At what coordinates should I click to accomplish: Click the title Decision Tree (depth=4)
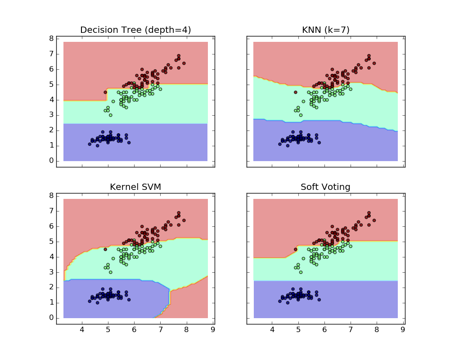coord(135,30)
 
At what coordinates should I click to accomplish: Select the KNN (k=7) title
coord(325,30)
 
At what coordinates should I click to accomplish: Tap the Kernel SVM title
coord(135,187)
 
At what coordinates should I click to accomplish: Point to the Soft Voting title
coord(325,187)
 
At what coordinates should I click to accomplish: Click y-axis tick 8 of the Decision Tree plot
coord(52,39)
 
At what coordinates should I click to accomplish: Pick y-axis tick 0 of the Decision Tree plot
coord(52,161)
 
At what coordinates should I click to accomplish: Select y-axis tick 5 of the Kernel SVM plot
coord(52,242)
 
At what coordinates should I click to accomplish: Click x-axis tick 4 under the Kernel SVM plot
coord(82,330)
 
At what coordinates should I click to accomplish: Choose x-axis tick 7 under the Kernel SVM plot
coord(160,330)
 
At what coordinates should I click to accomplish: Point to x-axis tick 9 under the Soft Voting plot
coord(403,330)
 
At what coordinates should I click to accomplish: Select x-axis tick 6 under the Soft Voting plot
coord(324,330)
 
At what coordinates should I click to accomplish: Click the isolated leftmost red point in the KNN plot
coord(296,92)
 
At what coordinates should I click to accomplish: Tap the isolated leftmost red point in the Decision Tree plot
coord(105,92)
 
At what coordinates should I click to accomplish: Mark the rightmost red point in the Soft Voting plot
coord(374,220)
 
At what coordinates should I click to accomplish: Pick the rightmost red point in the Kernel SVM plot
coord(184,220)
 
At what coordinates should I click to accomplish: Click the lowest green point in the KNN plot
coord(301,115)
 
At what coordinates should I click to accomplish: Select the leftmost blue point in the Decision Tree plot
coord(90,144)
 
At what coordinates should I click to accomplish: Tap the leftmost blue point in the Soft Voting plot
coord(280,301)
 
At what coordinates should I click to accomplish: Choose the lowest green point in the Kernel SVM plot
coord(110,272)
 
